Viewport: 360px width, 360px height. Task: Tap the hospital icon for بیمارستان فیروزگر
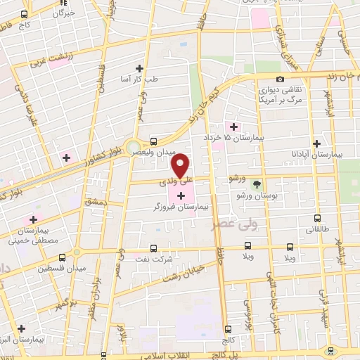click(x=181, y=193)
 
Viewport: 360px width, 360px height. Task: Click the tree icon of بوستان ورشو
click(x=257, y=184)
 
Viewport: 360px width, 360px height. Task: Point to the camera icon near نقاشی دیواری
click(x=281, y=79)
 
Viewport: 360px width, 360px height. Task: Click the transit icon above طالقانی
click(x=317, y=219)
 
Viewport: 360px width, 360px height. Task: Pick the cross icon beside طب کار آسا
click(x=139, y=68)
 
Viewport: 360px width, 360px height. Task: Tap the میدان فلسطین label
click(x=48, y=268)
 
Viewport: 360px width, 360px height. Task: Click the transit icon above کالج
click(x=227, y=328)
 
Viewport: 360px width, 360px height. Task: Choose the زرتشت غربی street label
click(x=53, y=56)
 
